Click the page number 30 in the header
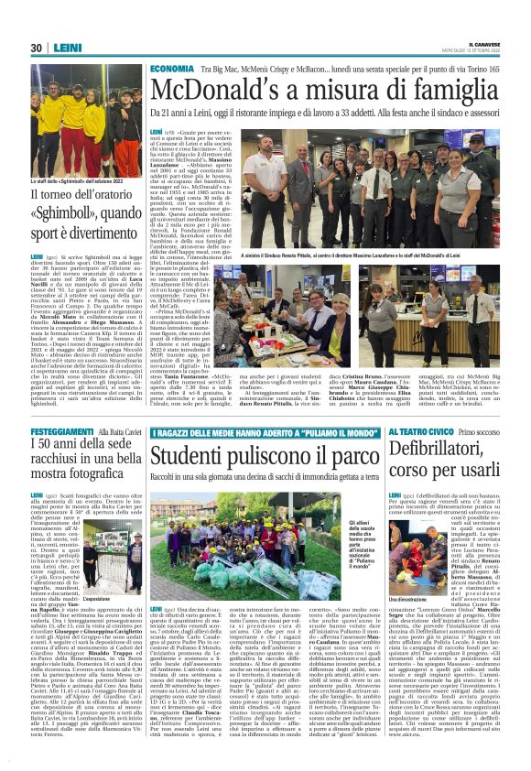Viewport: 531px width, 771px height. pos(38,49)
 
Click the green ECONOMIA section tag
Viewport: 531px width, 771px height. pos(171,69)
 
